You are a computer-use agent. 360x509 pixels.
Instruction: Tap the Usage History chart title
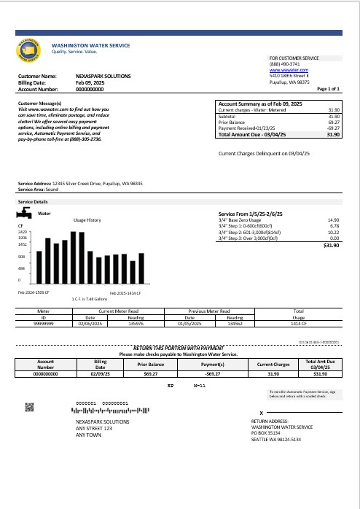coord(88,219)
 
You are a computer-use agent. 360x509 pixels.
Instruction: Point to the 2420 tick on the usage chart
coord(22,231)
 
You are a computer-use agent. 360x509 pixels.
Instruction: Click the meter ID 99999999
coord(43,323)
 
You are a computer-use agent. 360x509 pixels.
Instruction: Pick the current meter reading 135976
coord(136,323)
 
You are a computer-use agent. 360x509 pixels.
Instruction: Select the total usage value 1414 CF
coord(298,323)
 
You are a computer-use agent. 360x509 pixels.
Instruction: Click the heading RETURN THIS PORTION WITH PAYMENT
coord(178,349)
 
